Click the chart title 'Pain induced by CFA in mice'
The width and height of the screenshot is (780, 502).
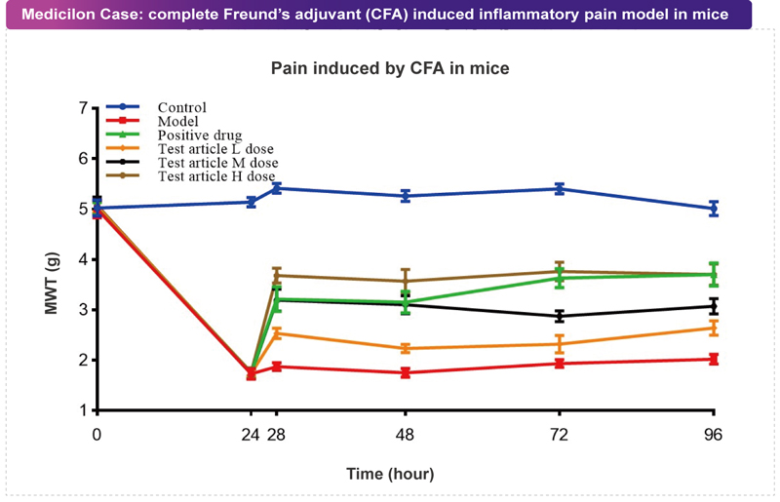390,70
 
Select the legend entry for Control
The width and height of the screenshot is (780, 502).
182,107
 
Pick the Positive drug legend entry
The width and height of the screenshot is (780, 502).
199,135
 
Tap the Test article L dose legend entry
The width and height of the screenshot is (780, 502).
215,148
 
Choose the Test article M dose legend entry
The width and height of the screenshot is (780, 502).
217,162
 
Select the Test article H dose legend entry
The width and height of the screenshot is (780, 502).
216,175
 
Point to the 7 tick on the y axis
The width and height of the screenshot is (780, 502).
83,107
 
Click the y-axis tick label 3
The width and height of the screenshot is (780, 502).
83,310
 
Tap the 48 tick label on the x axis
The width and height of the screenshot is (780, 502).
406,435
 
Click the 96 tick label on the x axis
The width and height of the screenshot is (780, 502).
714,435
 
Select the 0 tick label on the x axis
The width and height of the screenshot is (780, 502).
97,435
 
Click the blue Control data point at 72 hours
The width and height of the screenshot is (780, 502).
560,188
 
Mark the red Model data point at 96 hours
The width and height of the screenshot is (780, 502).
714,359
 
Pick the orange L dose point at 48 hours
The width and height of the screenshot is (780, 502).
406,348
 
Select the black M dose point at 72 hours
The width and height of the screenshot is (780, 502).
560,316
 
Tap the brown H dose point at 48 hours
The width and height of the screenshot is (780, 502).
406,281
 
